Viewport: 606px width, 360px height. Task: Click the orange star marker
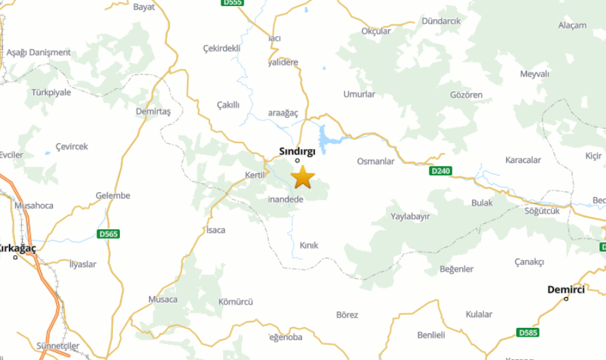pos(303,177)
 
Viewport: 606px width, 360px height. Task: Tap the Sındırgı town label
pos(296,151)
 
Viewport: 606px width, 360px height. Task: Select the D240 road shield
pos(441,170)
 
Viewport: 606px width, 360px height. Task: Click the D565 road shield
pos(108,234)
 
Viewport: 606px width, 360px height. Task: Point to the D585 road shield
pos(527,333)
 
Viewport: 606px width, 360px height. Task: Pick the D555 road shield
pos(232,3)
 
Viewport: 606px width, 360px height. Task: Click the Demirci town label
pos(566,290)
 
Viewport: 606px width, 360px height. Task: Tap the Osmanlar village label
pos(376,162)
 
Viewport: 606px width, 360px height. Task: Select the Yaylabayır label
pos(410,216)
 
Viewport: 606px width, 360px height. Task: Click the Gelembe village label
pos(113,196)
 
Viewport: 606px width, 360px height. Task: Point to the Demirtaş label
pos(153,111)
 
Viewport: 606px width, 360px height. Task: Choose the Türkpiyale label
pos(51,92)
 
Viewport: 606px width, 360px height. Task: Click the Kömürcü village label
pos(236,302)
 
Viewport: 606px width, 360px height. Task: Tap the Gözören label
pos(466,94)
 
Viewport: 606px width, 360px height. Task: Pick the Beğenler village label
pos(456,269)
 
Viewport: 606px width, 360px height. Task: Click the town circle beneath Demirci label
pos(566,298)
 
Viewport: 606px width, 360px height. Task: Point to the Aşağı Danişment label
pos(38,53)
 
